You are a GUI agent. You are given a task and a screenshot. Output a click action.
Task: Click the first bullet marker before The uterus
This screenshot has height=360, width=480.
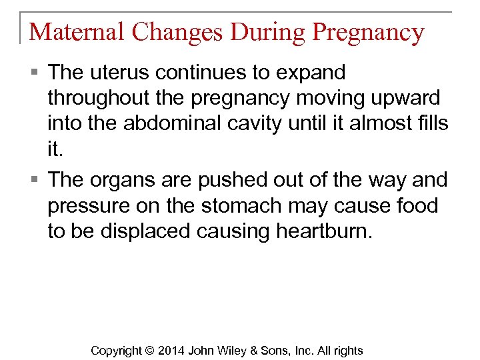(x=35, y=73)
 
